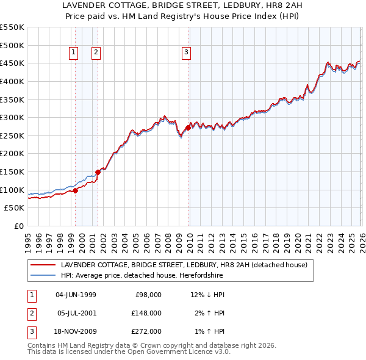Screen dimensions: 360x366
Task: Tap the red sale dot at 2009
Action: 188,128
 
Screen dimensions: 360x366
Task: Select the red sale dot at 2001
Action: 98,173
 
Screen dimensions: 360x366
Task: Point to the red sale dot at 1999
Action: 76,190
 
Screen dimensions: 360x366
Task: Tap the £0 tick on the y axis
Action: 18,226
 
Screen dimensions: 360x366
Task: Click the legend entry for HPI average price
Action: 142,276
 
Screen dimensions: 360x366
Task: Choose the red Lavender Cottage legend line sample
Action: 43,265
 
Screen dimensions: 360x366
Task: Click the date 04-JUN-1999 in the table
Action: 76,295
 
